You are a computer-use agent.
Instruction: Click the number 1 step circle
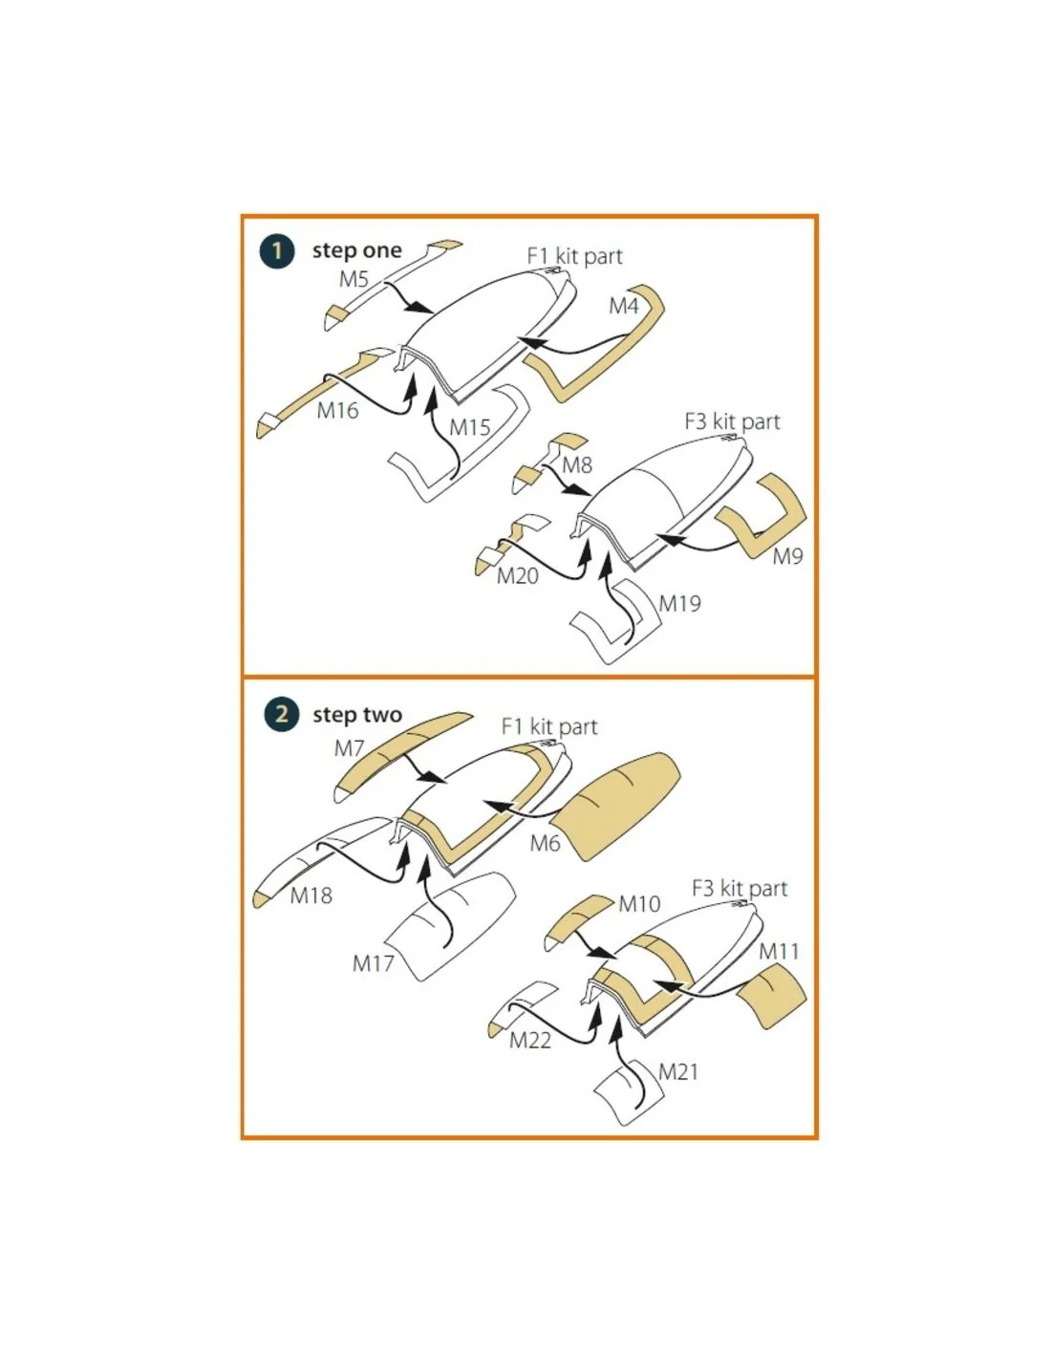[x=276, y=251]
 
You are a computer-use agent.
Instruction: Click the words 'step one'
[x=357, y=250]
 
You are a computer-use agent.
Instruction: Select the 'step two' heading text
[x=357, y=714]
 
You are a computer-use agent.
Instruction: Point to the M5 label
[x=354, y=279]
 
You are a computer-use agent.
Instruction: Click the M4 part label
[x=624, y=306]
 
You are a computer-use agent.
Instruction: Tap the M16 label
[x=337, y=411]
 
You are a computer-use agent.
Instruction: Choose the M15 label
[x=470, y=428]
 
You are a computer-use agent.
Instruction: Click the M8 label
[x=576, y=465]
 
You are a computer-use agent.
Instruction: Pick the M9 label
[x=787, y=556]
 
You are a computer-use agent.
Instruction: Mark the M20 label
[x=517, y=575]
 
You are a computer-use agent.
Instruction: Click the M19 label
[x=679, y=603]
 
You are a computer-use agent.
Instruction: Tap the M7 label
[x=349, y=748]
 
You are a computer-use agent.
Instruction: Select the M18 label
[x=311, y=895]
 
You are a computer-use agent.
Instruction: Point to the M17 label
[x=374, y=963]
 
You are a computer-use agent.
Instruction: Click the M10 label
[x=639, y=904]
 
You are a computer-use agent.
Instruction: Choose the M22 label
[x=530, y=1041]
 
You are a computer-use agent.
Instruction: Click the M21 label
[x=678, y=1072]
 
